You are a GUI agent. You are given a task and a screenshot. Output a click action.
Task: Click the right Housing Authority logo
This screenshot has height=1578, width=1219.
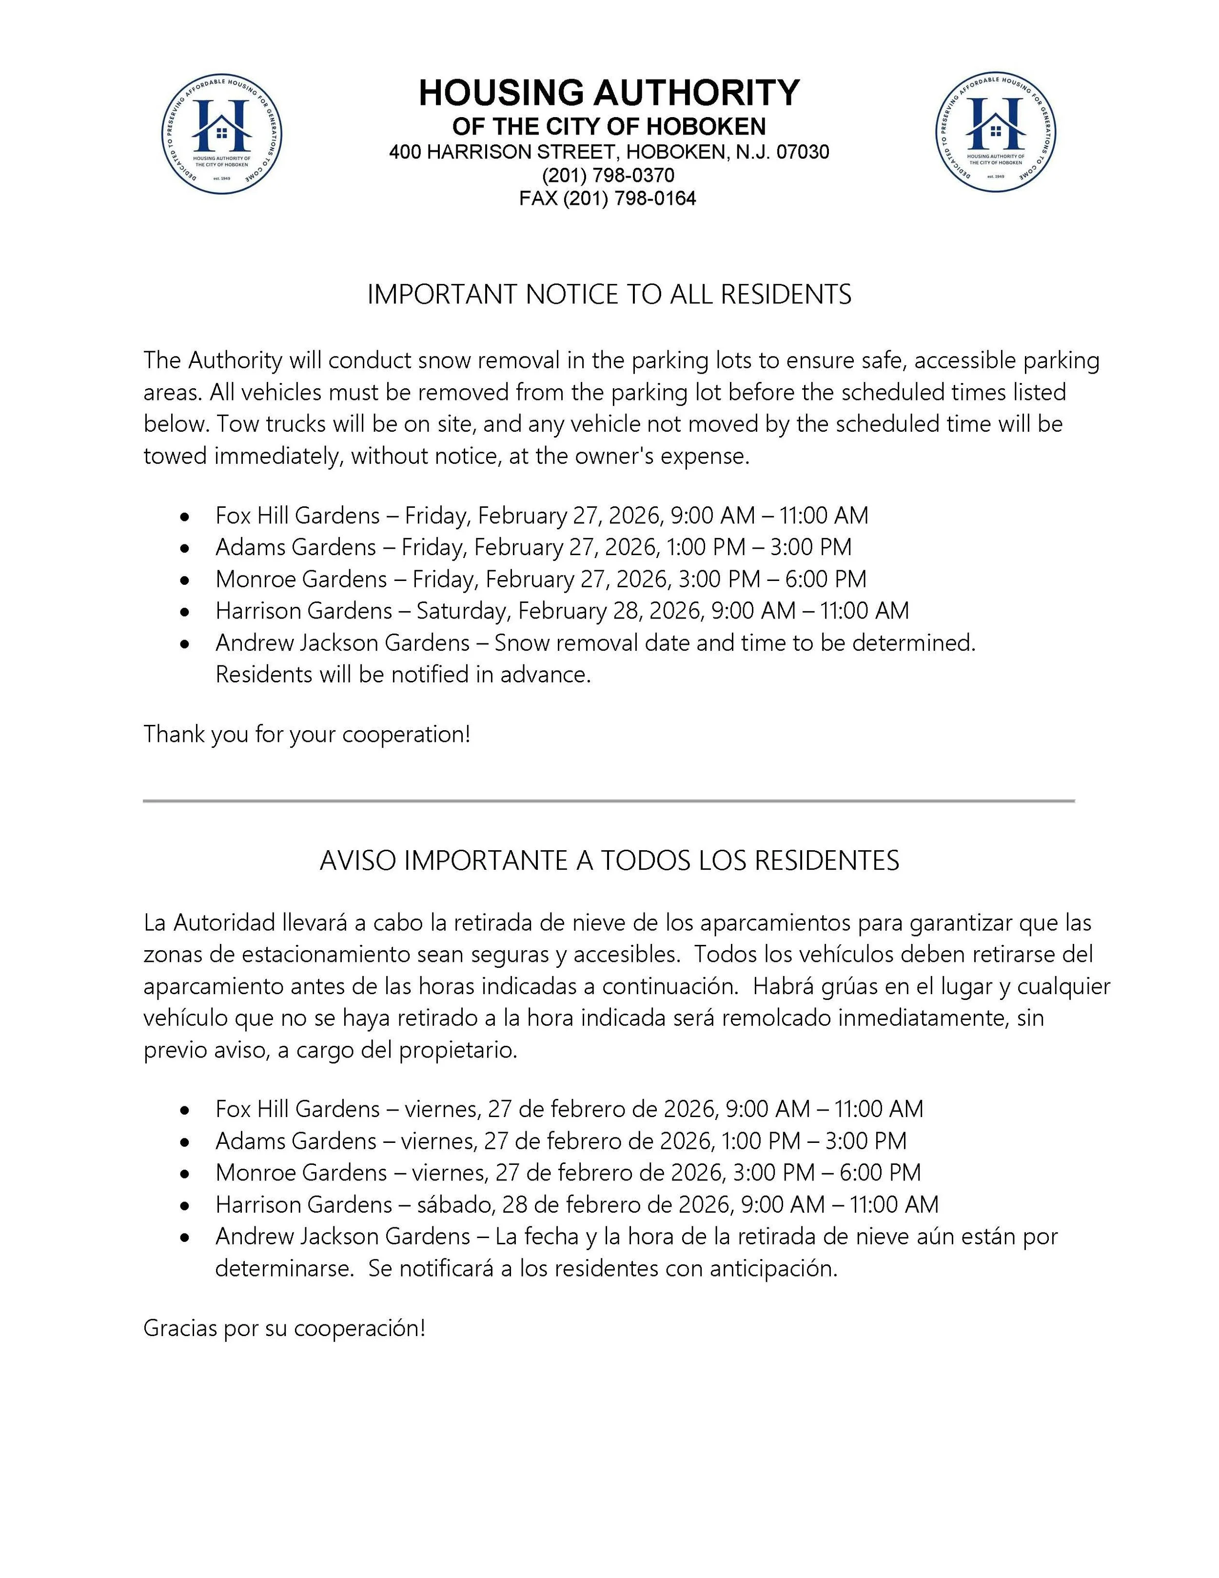point(996,133)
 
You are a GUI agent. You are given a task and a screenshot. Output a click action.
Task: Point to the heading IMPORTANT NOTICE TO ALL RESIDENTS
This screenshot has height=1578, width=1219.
point(609,295)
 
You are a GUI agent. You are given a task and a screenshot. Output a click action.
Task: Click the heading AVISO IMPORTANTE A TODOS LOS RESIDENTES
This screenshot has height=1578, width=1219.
point(609,860)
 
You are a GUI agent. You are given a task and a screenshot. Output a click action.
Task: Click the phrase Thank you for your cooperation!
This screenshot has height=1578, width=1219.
point(307,735)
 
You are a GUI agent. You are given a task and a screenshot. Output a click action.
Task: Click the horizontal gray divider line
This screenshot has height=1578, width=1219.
point(609,800)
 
